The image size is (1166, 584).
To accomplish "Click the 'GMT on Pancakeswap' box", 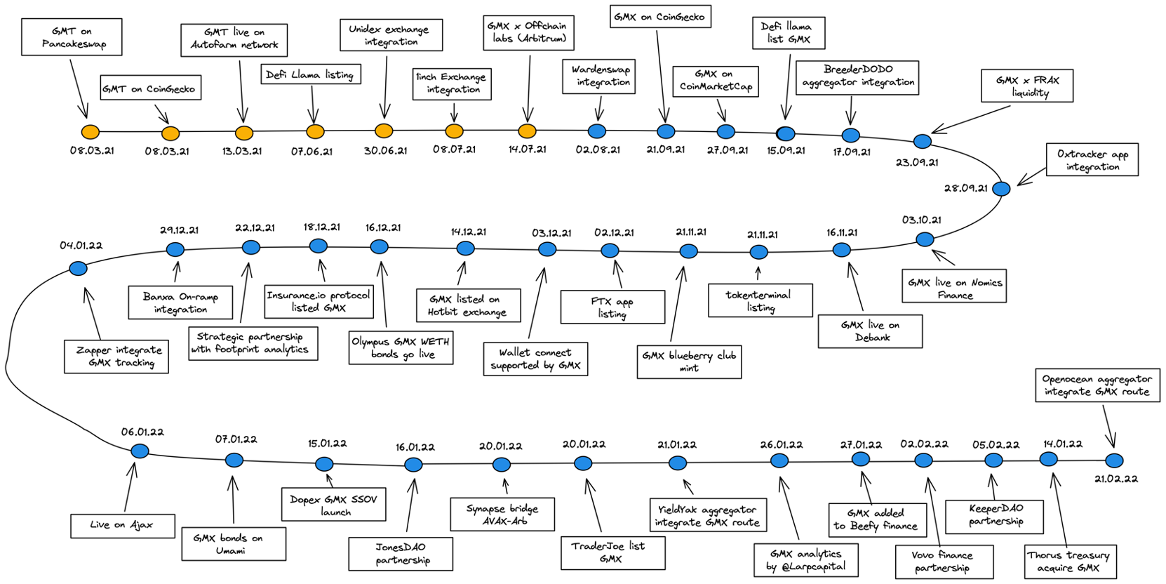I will coord(72,37).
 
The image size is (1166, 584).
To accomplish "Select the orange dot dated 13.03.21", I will coord(244,133).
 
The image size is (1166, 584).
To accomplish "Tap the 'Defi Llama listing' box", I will coord(311,74).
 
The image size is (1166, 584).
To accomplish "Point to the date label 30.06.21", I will coord(385,150).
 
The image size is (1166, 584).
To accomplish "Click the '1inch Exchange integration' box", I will coord(451,84).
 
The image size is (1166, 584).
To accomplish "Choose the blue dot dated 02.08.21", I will coord(597,131).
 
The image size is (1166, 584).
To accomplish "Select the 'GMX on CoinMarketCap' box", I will coord(715,81).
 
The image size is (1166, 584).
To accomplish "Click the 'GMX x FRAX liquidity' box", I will coord(1027,86).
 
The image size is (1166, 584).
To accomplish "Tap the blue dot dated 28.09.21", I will coord(1002,189).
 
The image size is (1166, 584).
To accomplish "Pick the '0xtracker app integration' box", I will coord(1092,160).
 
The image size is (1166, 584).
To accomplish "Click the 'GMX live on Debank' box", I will coord(870,331).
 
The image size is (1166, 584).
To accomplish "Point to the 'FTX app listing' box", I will coord(612,307).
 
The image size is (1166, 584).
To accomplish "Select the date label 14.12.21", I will coord(468,232).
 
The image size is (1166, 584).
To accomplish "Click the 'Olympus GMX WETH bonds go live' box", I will coord(401,348).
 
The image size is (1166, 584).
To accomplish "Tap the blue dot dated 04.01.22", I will coord(79,268).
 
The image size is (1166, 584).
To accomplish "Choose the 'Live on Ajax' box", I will coord(122,525).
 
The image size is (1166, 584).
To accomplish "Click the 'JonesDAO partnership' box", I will coord(401,554).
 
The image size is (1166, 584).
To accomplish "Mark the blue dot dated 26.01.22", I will coord(779,461).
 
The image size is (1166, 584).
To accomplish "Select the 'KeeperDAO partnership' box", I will coord(995,515).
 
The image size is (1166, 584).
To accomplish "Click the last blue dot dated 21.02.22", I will coord(1114,461).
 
